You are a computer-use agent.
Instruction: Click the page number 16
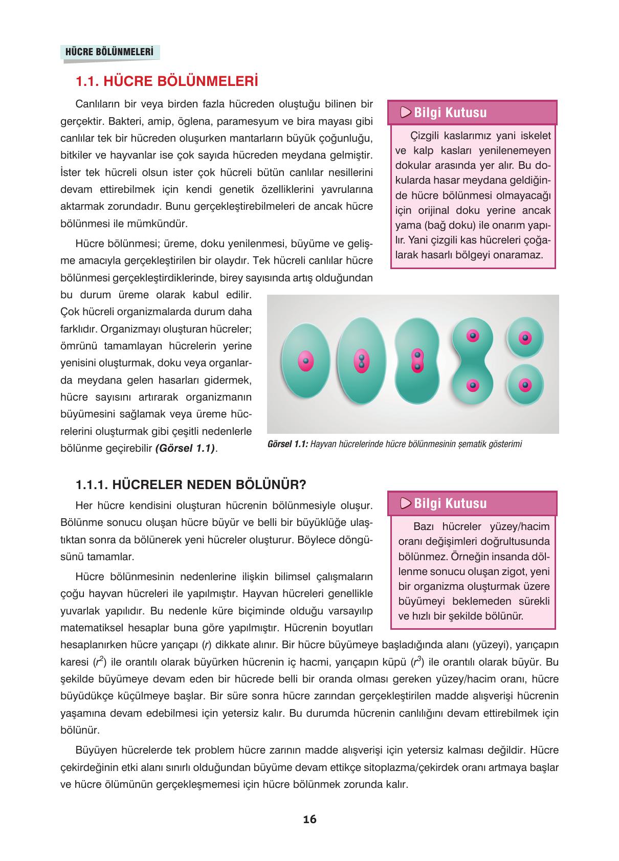point(309,819)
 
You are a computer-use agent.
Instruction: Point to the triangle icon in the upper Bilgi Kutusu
point(406,113)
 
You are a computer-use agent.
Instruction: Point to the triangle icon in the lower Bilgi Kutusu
point(406,503)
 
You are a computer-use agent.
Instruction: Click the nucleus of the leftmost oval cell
point(306,361)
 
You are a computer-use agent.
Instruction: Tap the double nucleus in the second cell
point(361,361)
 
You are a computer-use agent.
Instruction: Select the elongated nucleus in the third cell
point(417,361)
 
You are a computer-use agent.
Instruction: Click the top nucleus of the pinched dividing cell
point(473,336)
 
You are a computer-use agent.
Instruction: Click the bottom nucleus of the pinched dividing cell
point(473,385)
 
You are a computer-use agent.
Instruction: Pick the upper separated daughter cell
point(525,338)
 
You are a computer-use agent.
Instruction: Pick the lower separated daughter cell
point(525,385)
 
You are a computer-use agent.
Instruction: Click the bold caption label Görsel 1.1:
point(287,444)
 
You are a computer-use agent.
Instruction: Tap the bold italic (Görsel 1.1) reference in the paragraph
point(185,448)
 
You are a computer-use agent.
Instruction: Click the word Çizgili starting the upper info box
point(426,136)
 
